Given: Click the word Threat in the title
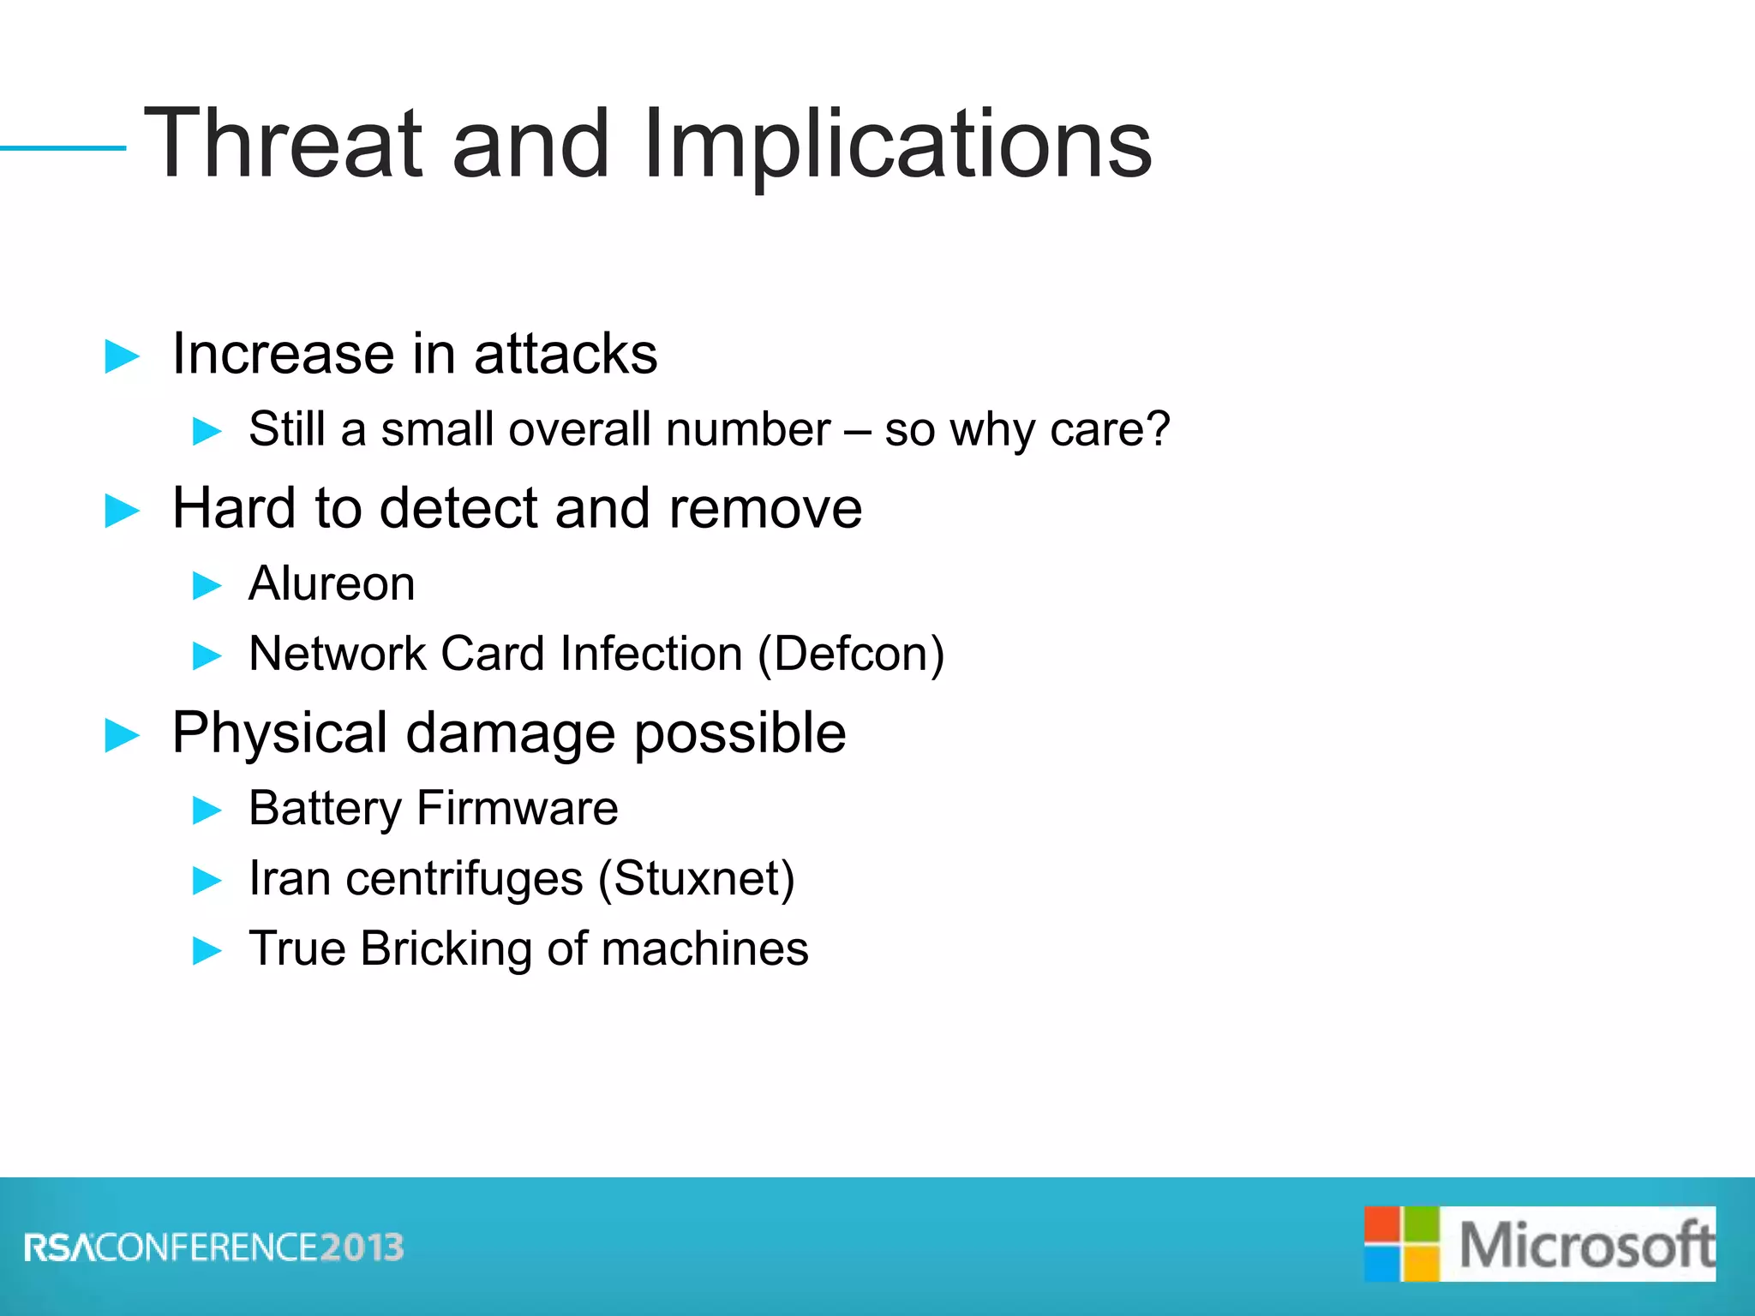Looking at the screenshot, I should coord(284,144).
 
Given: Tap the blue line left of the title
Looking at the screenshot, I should coord(63,148).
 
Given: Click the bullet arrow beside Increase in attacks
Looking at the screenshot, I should coord(122,356).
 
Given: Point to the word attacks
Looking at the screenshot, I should coord(566,354).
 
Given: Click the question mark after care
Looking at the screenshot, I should coord(1156,428).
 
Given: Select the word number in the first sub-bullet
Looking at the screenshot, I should coord(748,429).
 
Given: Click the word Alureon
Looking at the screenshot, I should coord(332,584).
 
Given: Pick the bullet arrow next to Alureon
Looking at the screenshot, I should coord(207,586).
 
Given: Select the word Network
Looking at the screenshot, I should coord(337,655).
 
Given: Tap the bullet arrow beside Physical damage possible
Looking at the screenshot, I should coord(122,735).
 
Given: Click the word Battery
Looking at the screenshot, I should coord(325,809).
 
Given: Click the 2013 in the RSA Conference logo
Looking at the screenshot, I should coord(362,1247).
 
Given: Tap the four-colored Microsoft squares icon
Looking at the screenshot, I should coord(1401,1244).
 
